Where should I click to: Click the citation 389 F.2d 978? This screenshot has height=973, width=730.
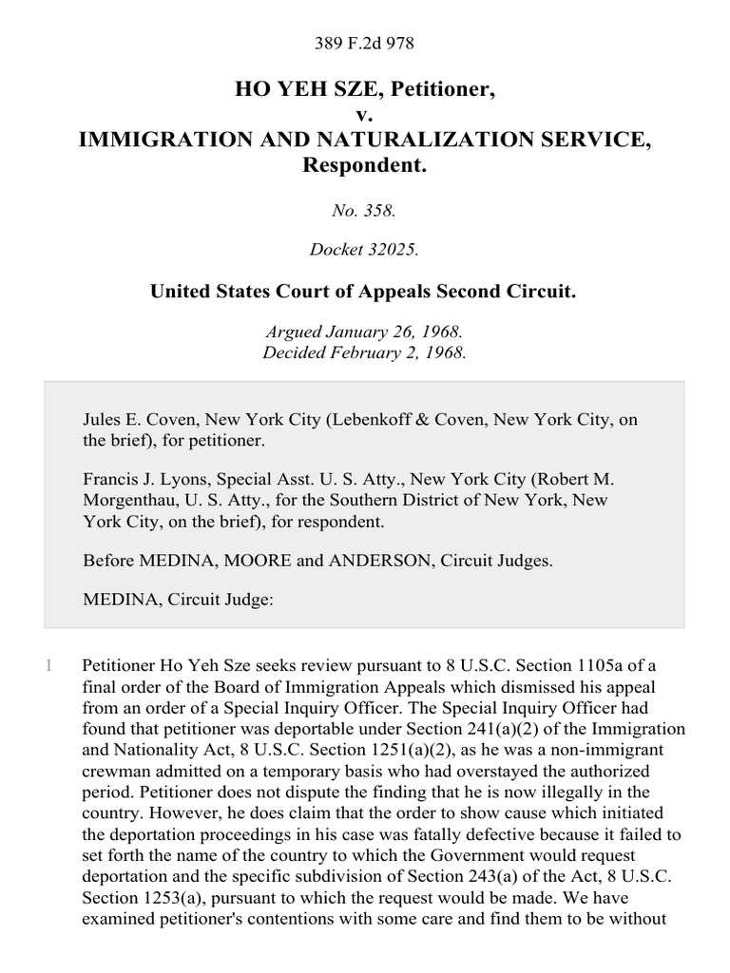[x=364, y=44]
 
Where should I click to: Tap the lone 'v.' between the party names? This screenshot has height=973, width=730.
[x=364, y=115]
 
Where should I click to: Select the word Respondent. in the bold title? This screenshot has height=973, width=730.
[x=364, y=164]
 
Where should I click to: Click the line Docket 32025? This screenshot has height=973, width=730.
[x=364, y=251]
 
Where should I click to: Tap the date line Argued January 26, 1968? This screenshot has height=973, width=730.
[x=364, y=334]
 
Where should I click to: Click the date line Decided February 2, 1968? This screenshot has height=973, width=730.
[x=364, y=353]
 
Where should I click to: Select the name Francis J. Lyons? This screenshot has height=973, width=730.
[x=142, y=481]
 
